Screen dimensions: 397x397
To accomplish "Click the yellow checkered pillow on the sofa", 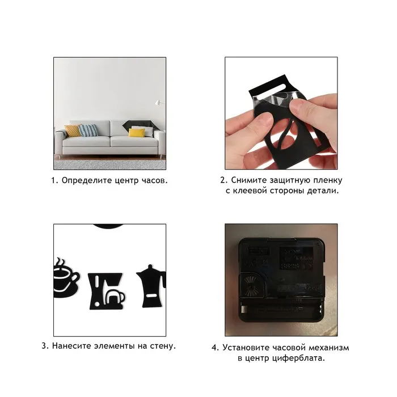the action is coord(73,131).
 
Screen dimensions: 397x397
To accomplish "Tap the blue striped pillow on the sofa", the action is coord(88,130).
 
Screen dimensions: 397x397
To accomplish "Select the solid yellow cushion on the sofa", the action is coord(137,132).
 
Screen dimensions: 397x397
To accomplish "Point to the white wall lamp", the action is coord(158,102).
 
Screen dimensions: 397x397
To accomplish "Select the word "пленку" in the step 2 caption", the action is coord(328,180).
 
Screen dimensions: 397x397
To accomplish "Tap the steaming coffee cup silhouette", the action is coord(65,277).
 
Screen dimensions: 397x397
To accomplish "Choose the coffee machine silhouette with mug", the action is coord(107,291).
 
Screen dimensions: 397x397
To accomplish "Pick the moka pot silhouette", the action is coord(151,286).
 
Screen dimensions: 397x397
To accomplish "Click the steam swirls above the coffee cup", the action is coord(61,262).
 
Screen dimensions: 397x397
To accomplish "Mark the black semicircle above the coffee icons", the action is coord(109,227).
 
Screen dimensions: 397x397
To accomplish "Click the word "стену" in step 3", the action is coord(163,346).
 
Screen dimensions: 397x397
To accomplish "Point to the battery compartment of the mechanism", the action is coord(281,310).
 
